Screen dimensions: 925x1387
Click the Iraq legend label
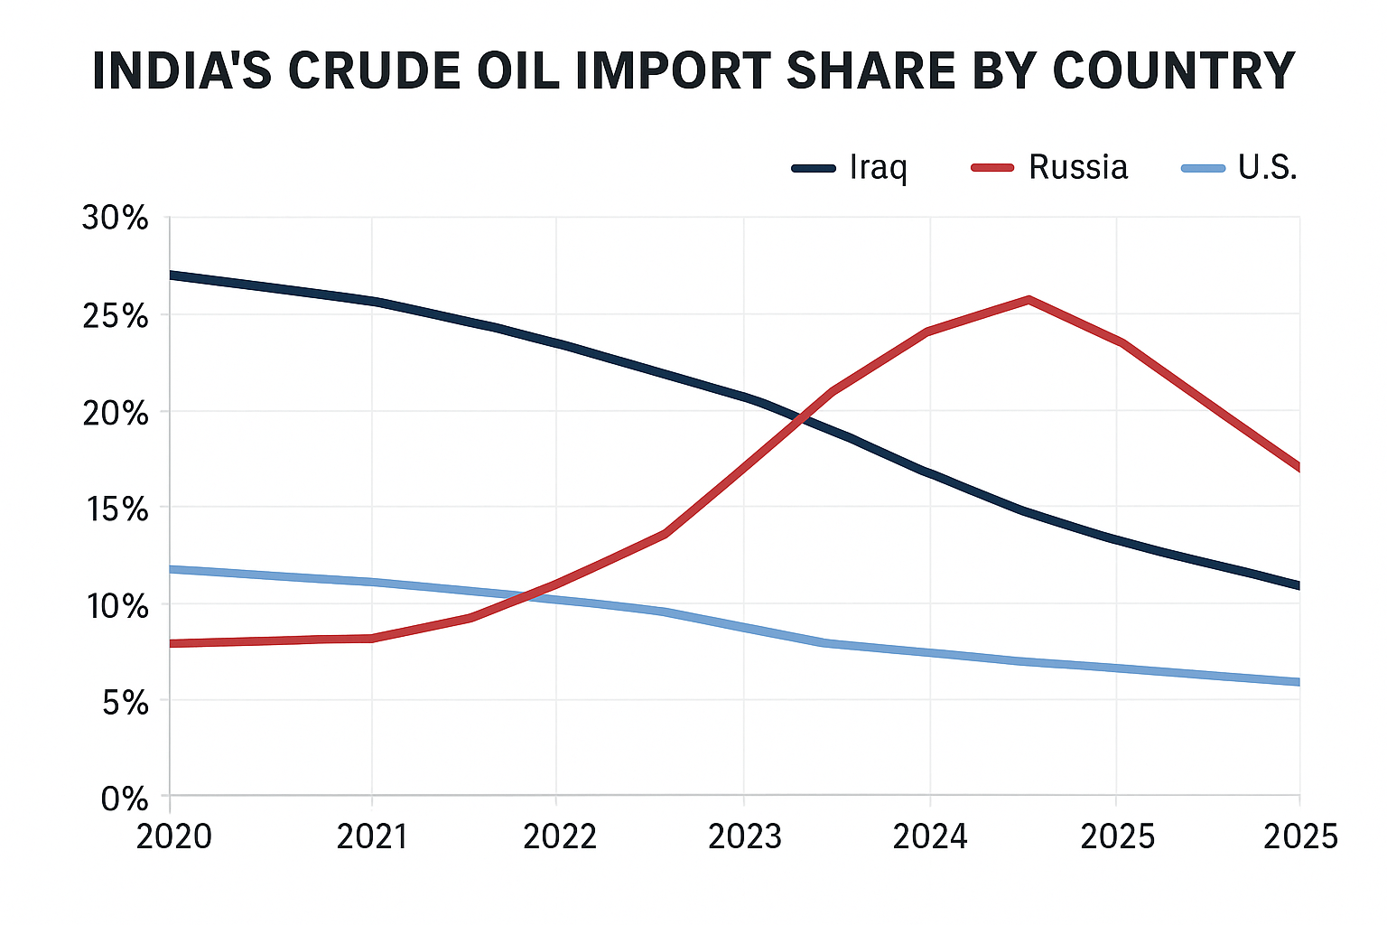[878, 168]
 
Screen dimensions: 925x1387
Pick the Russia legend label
[1078, 167]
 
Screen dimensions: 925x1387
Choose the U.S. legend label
[1267, 167]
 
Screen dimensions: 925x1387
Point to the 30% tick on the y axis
[115, 219]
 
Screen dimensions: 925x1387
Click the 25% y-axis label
[115, 316]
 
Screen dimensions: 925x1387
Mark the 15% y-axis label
[115, 509]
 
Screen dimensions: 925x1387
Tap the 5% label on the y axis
[124, 703]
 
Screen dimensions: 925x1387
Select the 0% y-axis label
[124, 799]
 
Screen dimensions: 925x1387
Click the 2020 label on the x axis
[173, 837]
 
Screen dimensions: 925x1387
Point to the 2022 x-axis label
[560, 837]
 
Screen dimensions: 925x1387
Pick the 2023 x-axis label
[745, 837]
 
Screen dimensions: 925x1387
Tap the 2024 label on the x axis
[930, 837]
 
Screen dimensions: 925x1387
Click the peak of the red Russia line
[1029, 299]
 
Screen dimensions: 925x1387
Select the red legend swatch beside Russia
[992, 168]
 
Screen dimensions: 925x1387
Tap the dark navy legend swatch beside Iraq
[814, 168]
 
